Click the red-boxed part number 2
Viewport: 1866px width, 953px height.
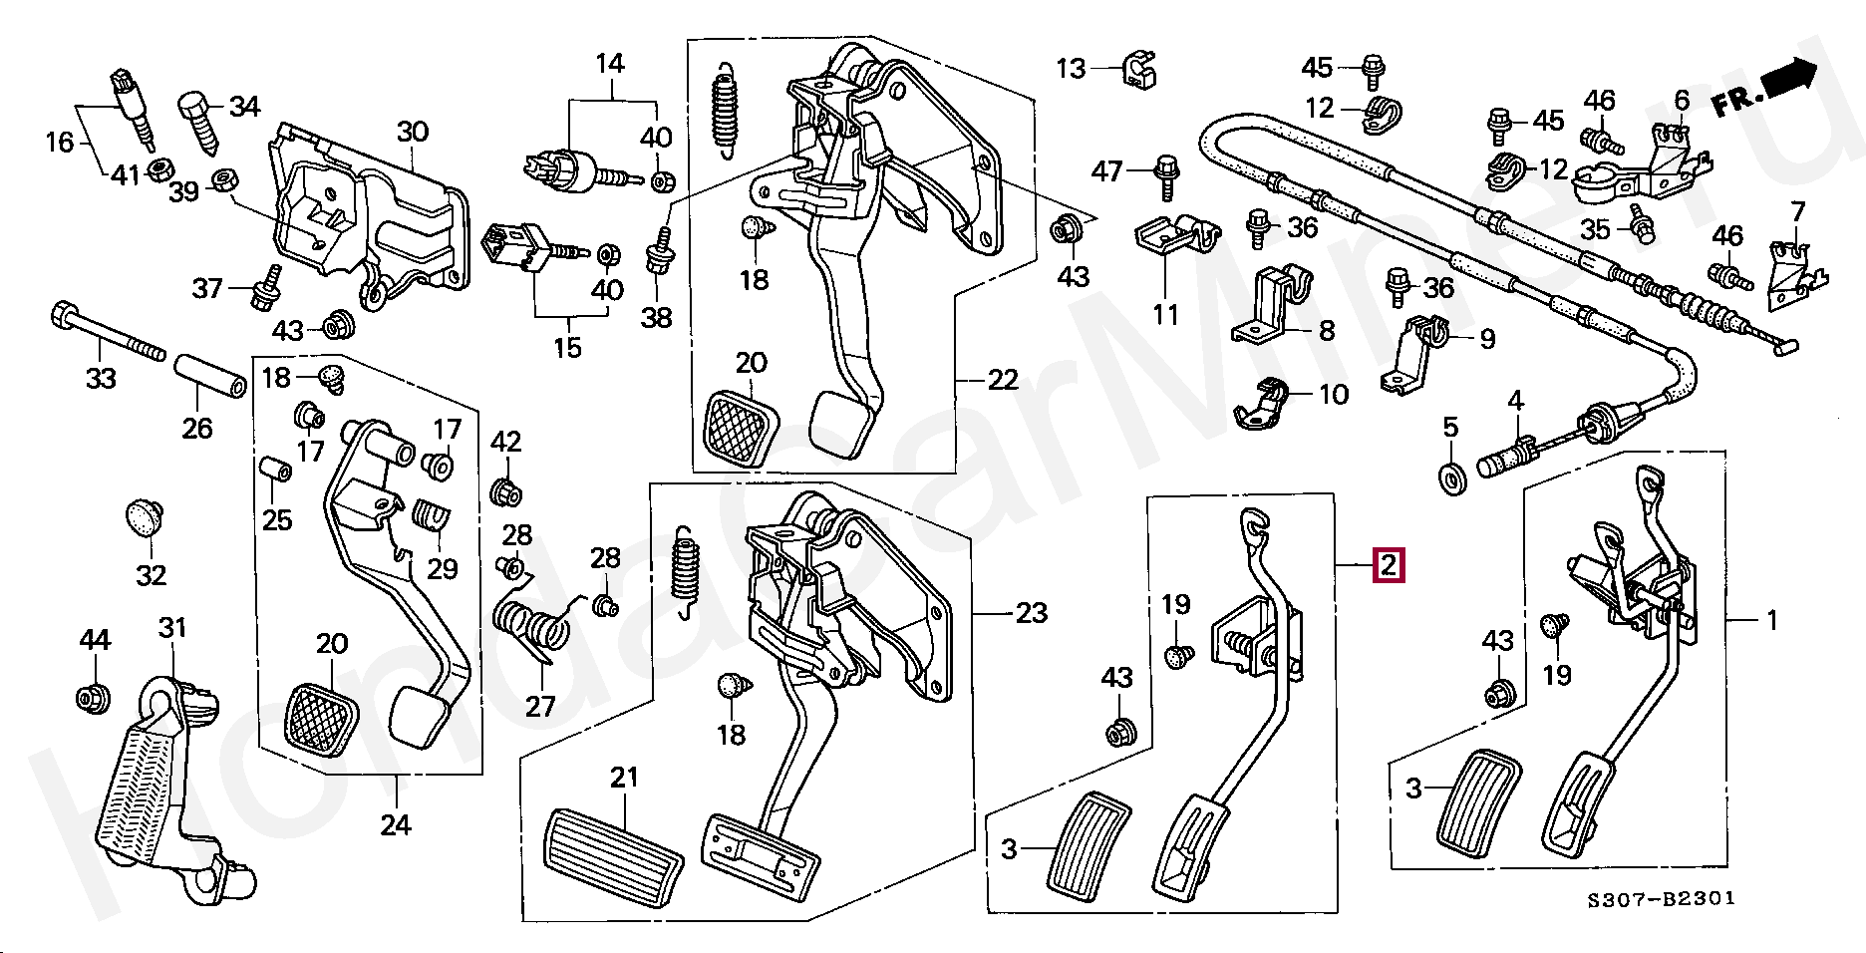point(1389,565)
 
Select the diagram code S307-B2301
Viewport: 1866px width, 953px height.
point(1662,898)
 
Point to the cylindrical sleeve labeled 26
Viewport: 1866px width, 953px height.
point(210,374)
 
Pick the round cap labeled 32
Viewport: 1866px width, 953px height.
point(146,517)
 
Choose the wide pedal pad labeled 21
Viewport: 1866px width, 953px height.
point(612,857)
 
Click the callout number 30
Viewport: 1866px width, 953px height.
point(413,132)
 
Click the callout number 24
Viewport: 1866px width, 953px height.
point(396,825)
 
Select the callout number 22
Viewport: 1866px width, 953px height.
point(1003,380)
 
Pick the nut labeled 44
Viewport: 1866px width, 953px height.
point(94,697)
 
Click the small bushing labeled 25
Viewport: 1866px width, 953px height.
point(276,469)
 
